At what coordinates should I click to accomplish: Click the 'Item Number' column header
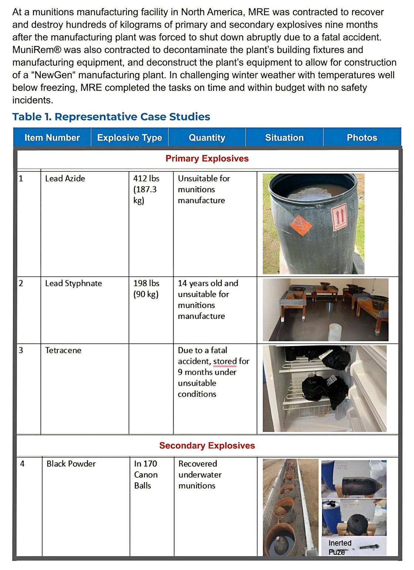tap(52, 138)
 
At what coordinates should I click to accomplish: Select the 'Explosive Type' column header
tap(130, 138)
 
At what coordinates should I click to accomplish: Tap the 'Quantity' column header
tap(207, 138)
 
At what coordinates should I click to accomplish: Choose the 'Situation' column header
tap(284, 138)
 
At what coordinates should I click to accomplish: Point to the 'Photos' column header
tap(362, 138)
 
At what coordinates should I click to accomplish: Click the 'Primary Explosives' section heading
tap(207, 158)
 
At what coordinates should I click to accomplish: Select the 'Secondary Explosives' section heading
tap(207, 446)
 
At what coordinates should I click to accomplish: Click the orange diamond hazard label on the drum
tap(301, 225)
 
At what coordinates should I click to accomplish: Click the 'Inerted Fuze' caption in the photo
tap(340, 547)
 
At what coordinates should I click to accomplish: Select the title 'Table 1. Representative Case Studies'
tap(111, 117)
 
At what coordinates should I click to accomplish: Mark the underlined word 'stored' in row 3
tap(225, 361)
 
